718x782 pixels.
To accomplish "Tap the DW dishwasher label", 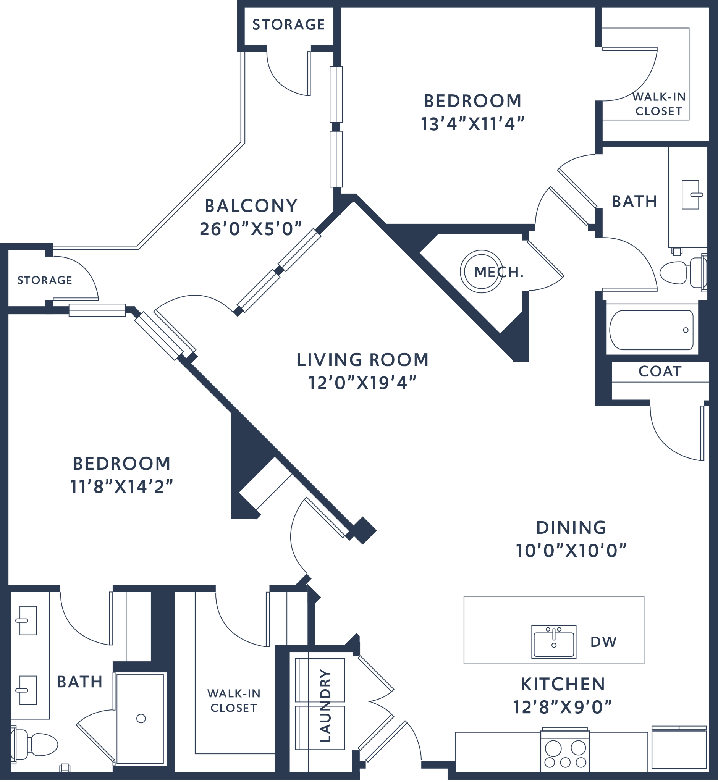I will [603, 642].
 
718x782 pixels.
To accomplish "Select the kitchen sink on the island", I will [554, 642].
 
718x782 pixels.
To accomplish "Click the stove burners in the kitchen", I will [565, 754].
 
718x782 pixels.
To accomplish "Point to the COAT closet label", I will [660, 372].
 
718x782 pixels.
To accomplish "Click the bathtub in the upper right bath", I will [651, 330].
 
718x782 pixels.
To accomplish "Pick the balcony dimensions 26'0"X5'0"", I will [251, 229].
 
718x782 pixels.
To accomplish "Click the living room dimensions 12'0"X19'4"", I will [362, 383].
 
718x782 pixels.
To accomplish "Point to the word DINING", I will [571, 527].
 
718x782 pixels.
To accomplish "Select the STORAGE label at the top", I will [288, 25].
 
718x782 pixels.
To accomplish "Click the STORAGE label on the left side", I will [45, 280].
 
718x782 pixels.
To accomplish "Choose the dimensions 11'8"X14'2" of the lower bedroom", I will [121, 486].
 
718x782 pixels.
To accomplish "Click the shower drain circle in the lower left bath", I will [141, 718].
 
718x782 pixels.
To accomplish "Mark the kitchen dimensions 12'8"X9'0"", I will [562, 707].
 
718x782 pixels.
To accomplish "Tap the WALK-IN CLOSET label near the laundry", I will [233, 700].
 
